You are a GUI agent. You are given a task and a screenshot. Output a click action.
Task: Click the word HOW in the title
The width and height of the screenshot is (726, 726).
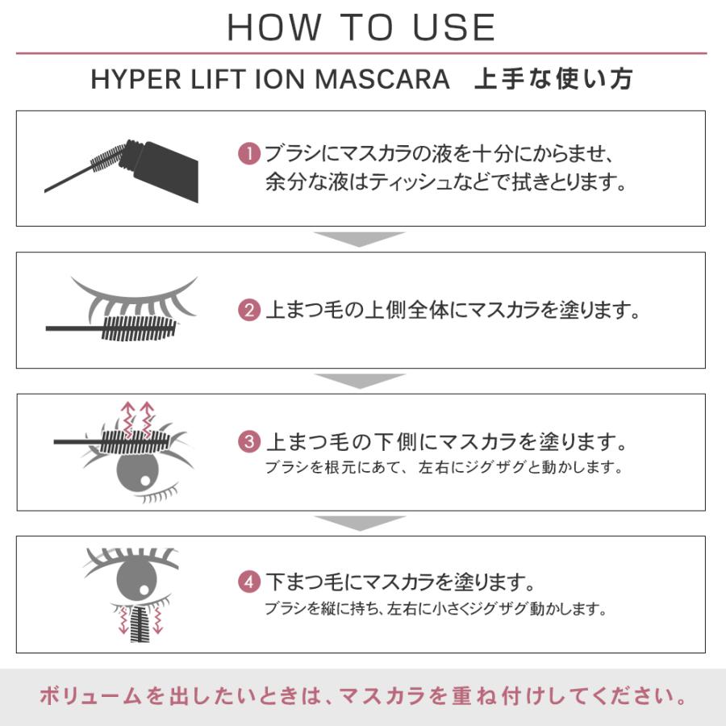click(274, 27)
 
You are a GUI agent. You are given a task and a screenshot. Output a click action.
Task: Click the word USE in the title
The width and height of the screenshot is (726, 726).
click(454, 27)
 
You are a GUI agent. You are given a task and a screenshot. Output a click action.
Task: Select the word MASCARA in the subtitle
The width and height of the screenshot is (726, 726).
click(382, 79)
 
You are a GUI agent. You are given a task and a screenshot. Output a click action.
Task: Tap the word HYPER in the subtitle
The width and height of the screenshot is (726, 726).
click(136, 79)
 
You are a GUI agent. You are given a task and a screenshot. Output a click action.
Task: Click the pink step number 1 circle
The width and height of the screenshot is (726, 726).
click(249, 154)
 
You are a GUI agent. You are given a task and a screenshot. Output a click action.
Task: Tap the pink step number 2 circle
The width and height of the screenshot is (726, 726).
click(249, 311)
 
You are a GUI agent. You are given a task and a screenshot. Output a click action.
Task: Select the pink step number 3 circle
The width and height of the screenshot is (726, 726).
click(249, 442)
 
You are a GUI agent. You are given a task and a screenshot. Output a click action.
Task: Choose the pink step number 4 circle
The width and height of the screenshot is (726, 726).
click(249, 582)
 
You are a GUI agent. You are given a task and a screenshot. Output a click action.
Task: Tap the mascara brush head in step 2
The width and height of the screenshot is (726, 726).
click(139, 329)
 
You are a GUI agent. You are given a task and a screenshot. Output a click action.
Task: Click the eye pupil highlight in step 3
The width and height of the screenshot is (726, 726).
click(145, 481)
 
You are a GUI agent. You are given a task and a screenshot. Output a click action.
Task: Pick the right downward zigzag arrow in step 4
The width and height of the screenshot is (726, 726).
click(158, 620)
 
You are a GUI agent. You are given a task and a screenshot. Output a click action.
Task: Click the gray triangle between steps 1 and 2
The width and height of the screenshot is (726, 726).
click(360, 238)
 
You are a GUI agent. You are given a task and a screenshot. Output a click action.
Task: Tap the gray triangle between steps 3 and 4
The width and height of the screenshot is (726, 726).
click(360, 522)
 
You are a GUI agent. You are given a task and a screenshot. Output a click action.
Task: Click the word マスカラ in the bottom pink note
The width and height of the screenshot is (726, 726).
click(382, 696)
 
